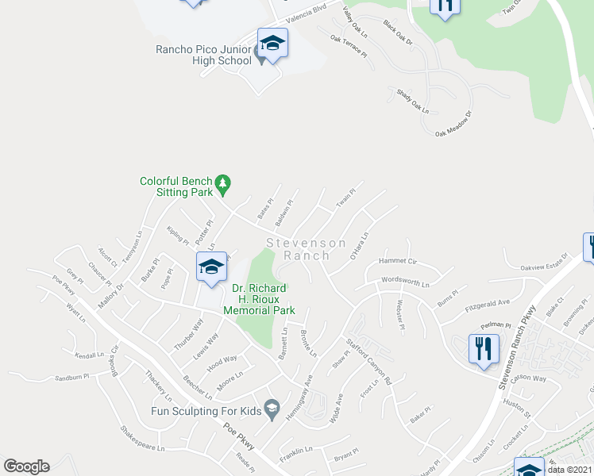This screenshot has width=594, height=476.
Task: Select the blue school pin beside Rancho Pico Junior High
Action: [272, 44]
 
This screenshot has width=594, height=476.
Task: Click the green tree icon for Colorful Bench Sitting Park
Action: [223, 185]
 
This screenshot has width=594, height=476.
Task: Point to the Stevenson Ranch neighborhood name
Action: [306, 249]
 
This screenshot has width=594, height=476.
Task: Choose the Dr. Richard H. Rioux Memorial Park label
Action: [259, 299]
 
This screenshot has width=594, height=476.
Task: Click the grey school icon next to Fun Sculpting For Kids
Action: [272, 409]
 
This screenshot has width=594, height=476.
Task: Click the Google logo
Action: [26, 466]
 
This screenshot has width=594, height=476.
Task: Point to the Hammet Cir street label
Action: [398, 260]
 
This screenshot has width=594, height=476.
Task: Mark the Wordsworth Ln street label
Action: [405, 282]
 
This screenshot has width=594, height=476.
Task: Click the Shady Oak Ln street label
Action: [413, 100]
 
